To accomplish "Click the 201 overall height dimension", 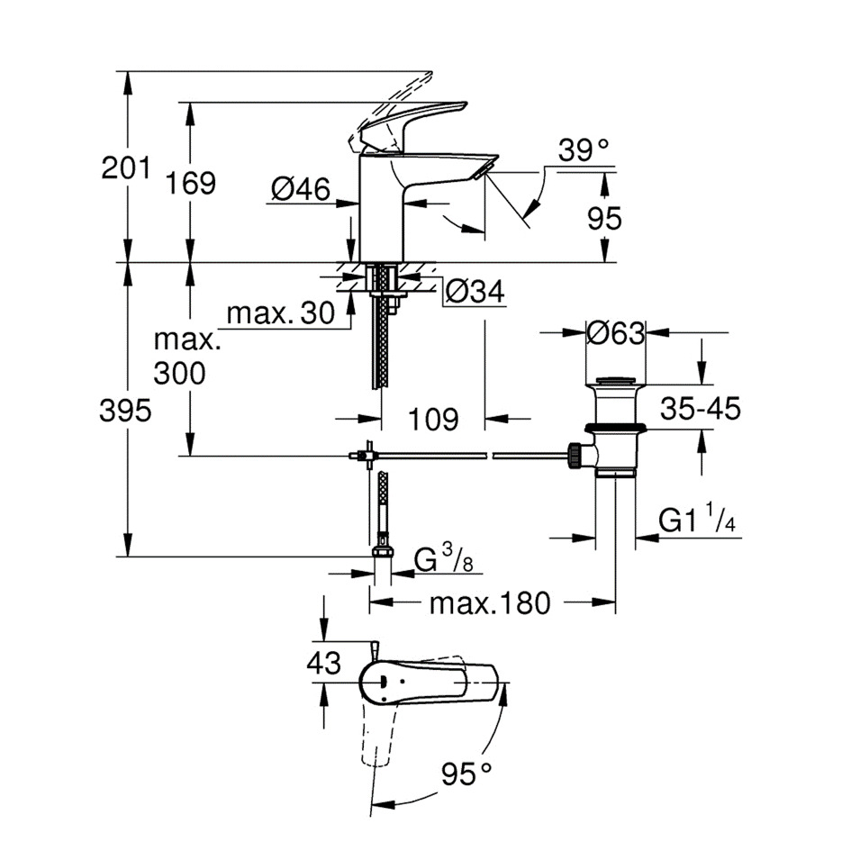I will coord(124,167).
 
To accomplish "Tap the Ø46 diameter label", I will coord(301,188).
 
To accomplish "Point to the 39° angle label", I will coord(583,149).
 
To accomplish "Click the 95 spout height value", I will coord(603,219).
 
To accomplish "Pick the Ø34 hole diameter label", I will coord(475,291).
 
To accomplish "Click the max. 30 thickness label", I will coord(279,314).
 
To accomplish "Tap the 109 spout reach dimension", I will coord(432,419).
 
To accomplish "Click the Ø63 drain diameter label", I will coord(615,333).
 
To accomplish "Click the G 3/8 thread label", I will coord(443,561).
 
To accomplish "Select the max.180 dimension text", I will coord(488,602).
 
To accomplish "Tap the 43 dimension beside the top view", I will coord(323,664).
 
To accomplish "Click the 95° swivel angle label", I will coord(467,772).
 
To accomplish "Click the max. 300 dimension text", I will coord(186,356).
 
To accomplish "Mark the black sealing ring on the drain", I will coord(614,428).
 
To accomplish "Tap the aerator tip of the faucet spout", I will coord(486,167).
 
